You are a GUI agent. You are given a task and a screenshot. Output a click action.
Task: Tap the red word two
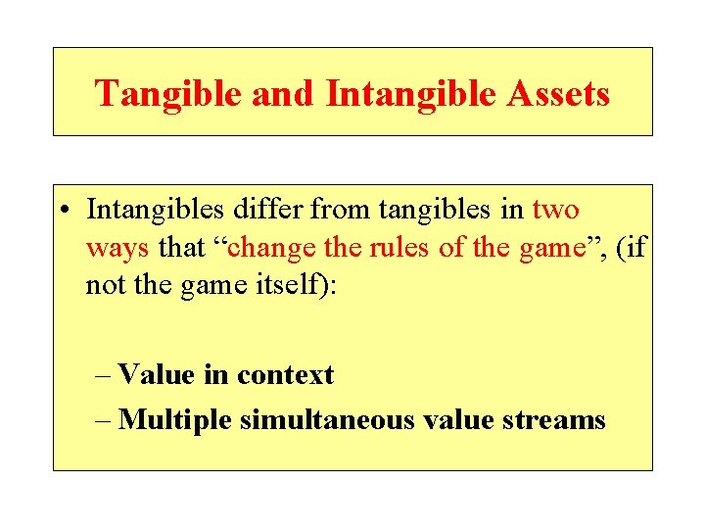555,210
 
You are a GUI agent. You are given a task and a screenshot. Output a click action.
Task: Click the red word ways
117,248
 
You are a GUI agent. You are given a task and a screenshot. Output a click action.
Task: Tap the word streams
557,420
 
